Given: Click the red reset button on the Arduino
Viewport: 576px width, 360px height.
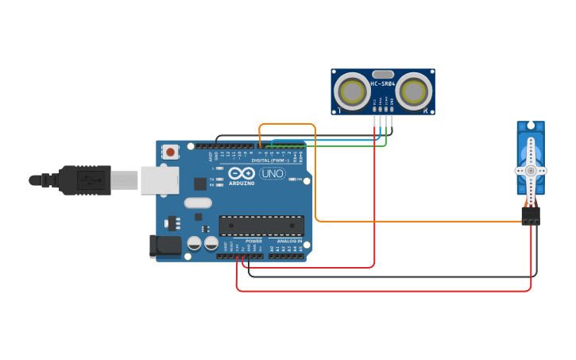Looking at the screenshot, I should (170, 151).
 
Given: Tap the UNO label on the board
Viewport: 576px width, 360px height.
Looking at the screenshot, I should (272, 173).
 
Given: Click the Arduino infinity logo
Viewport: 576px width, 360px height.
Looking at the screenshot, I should (241, 173).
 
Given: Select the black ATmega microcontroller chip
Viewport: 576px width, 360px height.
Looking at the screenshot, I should (261, 225).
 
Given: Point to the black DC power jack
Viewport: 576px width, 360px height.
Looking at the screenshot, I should (165, 246).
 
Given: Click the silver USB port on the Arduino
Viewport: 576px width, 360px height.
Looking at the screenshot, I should (160, 180).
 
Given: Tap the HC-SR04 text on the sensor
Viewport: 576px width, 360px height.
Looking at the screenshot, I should (383, 83).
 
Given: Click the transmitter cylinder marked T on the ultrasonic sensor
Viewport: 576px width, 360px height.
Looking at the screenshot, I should (351, 91).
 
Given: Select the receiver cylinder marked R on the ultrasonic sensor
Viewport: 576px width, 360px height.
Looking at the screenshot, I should (414, 91).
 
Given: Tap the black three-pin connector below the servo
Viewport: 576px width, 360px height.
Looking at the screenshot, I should (530, 215).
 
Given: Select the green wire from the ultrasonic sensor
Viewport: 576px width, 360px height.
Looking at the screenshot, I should (334, 146).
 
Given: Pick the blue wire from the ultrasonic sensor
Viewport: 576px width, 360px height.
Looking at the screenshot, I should (334, 141).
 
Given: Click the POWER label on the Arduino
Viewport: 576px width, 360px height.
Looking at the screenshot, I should (253, 241).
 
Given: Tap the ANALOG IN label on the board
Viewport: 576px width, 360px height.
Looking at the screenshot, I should (289, 241).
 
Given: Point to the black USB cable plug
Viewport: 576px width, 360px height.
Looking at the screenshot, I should (83, 180).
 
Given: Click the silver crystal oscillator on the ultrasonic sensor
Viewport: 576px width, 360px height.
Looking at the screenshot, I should (383, 74).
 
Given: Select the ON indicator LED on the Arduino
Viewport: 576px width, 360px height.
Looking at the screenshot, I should (292, 180).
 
